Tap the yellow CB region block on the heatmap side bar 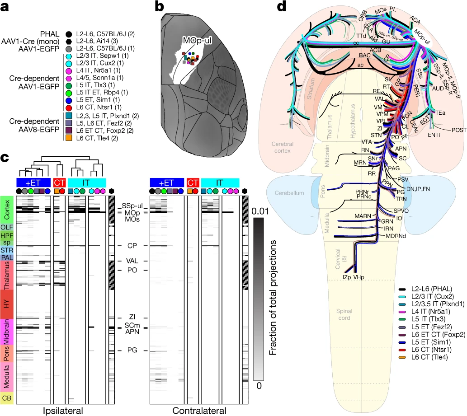pos(8,397)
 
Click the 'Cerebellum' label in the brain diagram pos(288,193)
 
